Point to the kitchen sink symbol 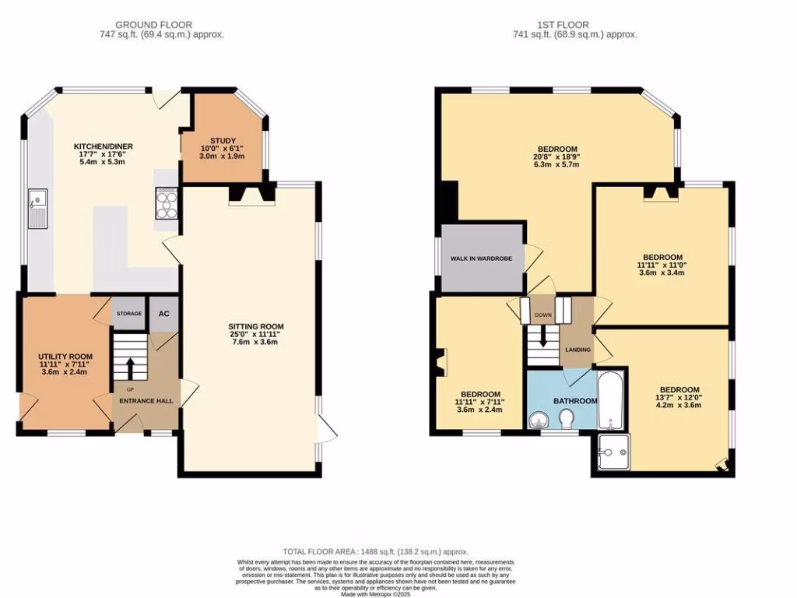point(37,209)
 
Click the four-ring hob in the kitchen point(166,204)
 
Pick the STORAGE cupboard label point(129,314)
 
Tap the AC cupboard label point(164,314)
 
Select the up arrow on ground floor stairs point(130,366)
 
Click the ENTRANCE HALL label point(146,401)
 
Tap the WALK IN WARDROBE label point(481,258)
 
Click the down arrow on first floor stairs point(543,337)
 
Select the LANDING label point(578,350)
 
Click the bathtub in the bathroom point(610,400)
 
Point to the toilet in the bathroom point(567,420)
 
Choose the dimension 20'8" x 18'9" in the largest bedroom point(556,157)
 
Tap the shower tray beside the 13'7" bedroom point(615,453)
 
